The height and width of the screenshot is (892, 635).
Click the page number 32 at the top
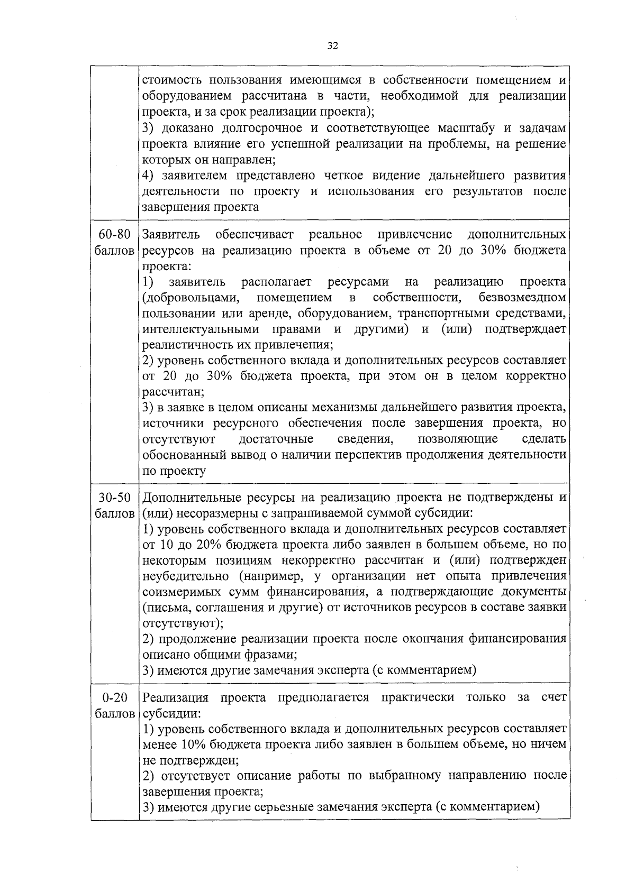click(332, 45)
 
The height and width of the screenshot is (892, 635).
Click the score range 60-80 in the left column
click(114, 234)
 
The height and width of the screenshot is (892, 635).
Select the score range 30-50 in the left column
click(114, 498)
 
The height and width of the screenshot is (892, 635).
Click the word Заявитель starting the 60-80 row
click(171, 234)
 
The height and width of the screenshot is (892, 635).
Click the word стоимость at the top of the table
click(173, 80)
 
